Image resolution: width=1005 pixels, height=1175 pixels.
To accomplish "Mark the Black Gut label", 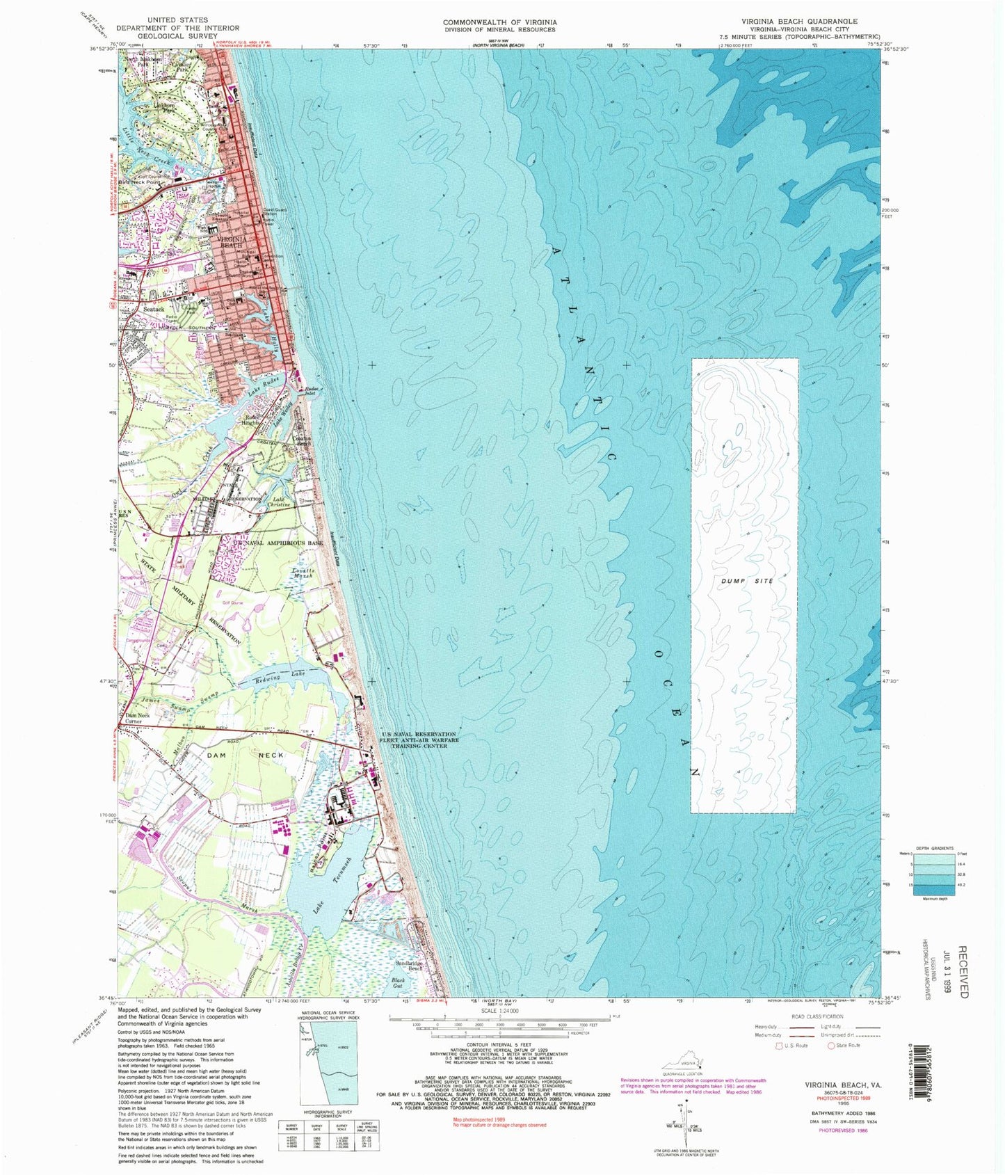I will click(398, 983).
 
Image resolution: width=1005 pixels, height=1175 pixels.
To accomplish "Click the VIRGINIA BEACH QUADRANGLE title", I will click(798, 22).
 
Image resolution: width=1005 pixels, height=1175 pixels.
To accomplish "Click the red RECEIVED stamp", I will click(963, 971).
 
